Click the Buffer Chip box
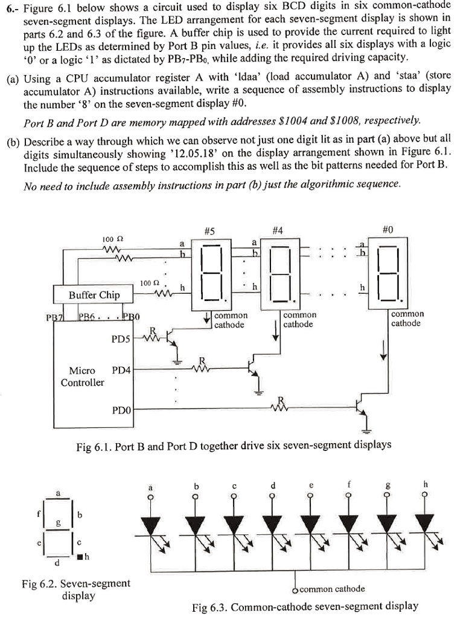[x=94, y=295]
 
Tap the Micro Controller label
[x=82, y=376]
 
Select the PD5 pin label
[x=121, y=339]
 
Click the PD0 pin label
[x=121, y=410]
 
